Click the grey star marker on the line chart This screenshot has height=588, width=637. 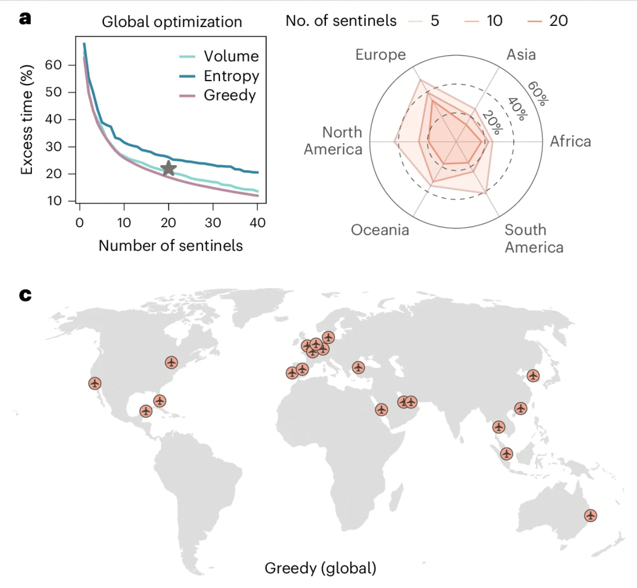168,168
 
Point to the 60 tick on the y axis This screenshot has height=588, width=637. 54,65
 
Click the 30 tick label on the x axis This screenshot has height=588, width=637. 213,223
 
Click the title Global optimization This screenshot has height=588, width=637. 172,21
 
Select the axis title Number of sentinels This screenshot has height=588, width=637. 171,245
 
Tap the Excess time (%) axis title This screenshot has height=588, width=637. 26,120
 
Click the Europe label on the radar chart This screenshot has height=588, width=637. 380,55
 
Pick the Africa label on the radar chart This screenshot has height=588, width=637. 570,142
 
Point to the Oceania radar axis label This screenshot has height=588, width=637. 380,230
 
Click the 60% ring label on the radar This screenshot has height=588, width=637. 538,93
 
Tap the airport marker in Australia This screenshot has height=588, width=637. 591,515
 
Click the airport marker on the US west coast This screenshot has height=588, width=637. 95,383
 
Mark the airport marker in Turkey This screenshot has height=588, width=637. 358,367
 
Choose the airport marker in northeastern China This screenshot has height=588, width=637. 533,376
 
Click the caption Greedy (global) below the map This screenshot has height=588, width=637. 320,568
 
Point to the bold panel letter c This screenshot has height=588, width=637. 25,295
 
